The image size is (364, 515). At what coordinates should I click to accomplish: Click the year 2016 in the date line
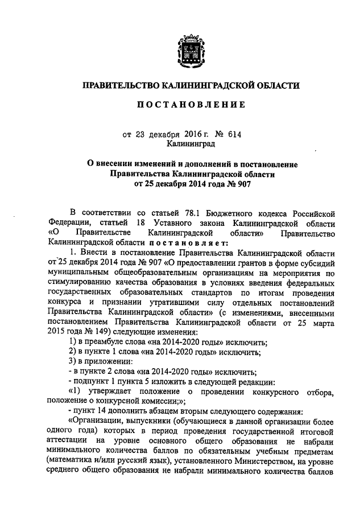click(x=193, y=134)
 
